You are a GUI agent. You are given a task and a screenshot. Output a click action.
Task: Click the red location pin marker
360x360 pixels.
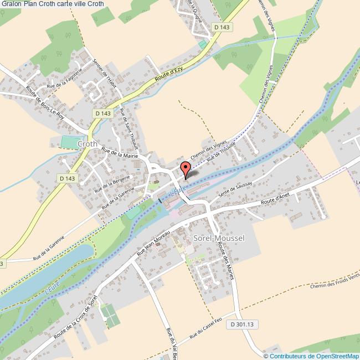point(186,169)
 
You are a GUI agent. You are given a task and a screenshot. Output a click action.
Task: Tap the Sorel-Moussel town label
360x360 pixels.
point(219,238)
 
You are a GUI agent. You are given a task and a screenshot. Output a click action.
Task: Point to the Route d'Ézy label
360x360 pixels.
point(169,75)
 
